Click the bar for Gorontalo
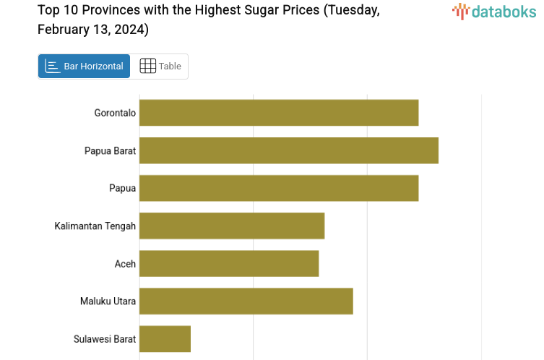coord(279,113)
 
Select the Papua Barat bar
coord(289,150)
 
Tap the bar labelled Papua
coord(279,188)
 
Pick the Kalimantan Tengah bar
coord(232,226)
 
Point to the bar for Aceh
coord(229,263)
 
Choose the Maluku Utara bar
coord(246,301)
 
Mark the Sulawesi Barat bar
coord(165,338)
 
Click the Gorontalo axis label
coord(115,113)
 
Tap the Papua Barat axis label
coord(110,150)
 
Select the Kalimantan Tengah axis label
coord(95,226)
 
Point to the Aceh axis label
coord(125,263)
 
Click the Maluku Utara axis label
coord(108,301)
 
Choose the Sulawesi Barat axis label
coord(105,338)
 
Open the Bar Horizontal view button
coord(85,67)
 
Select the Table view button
coord(160,67)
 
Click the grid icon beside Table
coord(147,67)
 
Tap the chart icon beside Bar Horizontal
coord(53,67)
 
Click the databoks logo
coord(495,11)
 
